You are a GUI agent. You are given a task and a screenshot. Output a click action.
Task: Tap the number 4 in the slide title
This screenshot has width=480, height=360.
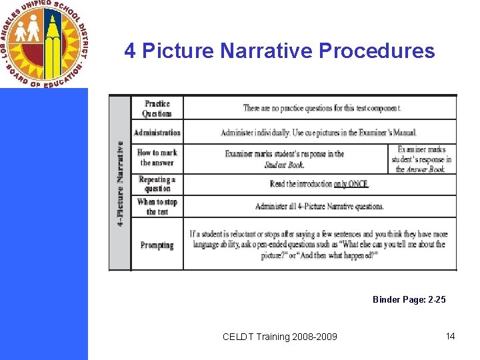[131, 51]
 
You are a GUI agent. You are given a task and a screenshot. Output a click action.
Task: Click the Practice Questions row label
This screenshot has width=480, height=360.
[157, 109]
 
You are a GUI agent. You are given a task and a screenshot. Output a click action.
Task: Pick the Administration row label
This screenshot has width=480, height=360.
[157, 133]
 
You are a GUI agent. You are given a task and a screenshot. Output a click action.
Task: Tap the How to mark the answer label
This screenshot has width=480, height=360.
[157, 157]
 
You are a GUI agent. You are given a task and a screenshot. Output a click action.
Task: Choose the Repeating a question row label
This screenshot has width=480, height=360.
[157, 184]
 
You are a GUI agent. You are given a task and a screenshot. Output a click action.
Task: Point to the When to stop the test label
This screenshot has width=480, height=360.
[157, 207]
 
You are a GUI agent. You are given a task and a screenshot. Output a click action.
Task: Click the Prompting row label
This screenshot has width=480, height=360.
[157, 245]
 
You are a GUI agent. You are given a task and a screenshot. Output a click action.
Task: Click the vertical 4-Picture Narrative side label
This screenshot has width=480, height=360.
[121, 183]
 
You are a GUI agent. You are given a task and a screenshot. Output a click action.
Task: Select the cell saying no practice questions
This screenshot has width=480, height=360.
[322, 108]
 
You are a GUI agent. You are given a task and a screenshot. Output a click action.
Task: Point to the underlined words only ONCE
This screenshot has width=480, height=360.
[351, 184]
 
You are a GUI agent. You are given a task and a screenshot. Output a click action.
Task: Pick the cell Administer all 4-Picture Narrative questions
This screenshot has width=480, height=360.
[319, 207]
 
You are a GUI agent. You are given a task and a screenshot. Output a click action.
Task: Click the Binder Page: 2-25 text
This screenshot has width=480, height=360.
[409, 300]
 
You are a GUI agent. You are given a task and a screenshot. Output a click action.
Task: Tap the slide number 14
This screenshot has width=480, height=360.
[451, 336]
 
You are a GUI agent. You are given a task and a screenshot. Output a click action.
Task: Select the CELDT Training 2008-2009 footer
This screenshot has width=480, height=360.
[280, 337]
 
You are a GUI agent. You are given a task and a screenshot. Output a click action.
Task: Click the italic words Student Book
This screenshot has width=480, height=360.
[285, 165]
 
